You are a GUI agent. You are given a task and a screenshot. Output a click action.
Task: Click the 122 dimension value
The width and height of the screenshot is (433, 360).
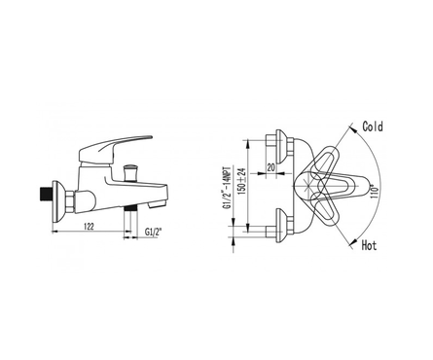(89, 226)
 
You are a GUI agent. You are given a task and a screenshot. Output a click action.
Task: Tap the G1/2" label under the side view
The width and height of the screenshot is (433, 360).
(154, 233)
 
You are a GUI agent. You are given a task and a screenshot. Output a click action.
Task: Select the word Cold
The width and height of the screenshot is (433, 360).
(373, 126)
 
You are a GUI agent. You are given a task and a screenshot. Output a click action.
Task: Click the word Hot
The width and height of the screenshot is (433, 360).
(369, 245)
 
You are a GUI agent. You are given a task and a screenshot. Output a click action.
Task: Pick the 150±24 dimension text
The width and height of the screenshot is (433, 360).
(241, 181)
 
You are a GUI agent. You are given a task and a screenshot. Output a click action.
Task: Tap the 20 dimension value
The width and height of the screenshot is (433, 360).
(271, 167)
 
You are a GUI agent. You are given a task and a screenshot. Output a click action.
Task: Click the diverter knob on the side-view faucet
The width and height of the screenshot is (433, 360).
(129, 172)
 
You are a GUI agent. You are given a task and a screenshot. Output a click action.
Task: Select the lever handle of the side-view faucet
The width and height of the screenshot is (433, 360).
(114, 149)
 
